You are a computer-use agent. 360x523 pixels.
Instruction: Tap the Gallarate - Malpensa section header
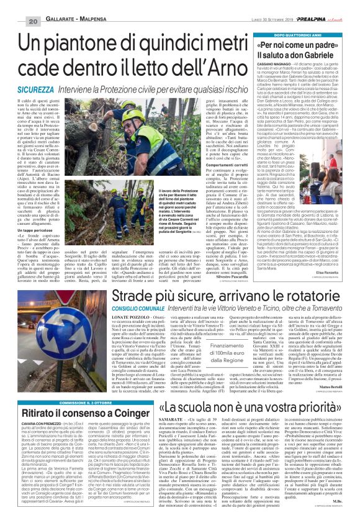pyautogui.click(x=60, y=6)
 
